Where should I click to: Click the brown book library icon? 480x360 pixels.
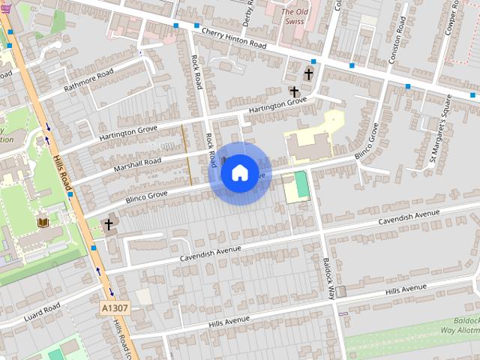pyautogui.click(x=43, y=223)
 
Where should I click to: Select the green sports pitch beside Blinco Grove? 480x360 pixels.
pyautogui.click(x=301, y=185)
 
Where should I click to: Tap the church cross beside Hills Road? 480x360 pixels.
pyautogui.click(x=109, y=224)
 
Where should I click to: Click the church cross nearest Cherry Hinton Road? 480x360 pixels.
pyautogui.click(x=308, y=74)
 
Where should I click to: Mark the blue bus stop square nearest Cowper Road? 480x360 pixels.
pyautogui.click(x=408, y=87)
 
